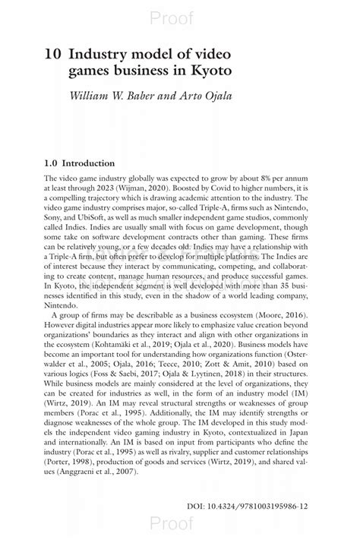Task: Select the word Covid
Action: tap(215, 188)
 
